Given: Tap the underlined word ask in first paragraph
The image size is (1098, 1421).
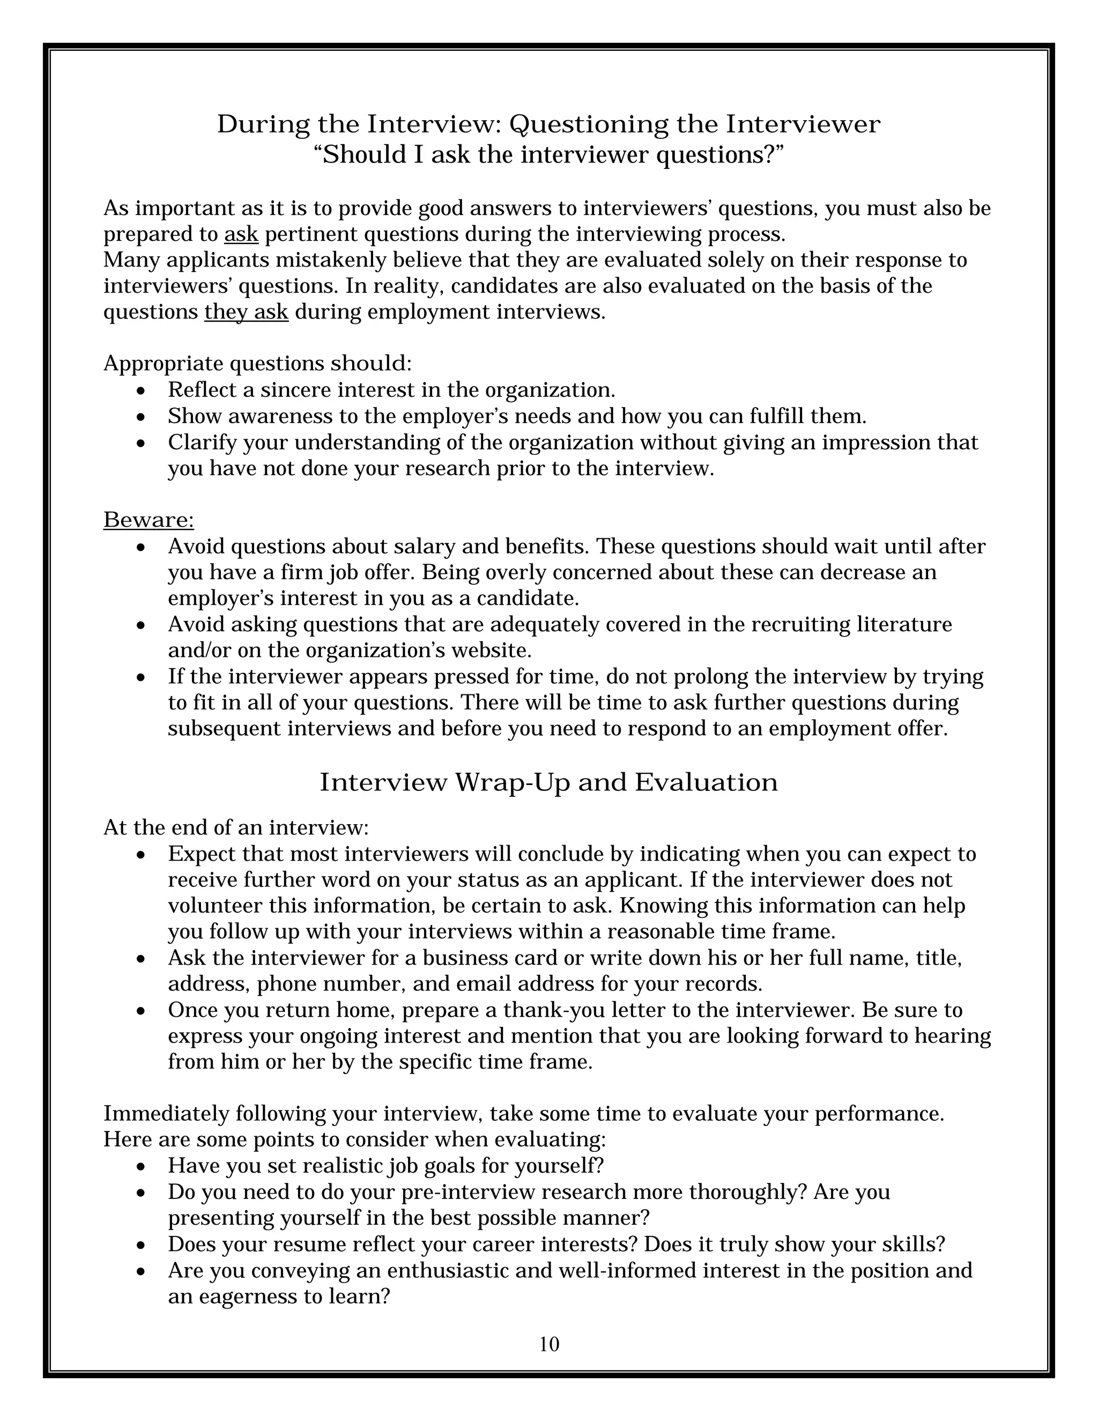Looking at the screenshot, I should [x=241, y=234].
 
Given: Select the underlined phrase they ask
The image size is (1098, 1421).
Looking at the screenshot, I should [x=246, y=312].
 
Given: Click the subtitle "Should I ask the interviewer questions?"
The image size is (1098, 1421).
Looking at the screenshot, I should [x=548, y=156].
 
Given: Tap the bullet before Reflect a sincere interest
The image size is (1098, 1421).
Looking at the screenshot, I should [x=141, y=391].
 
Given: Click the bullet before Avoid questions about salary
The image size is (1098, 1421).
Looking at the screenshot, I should [x=141, y=547].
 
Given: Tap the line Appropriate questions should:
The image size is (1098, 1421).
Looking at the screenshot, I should [x=257, y=363].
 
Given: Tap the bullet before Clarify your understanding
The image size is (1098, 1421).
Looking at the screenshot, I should [x=141, y=443].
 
